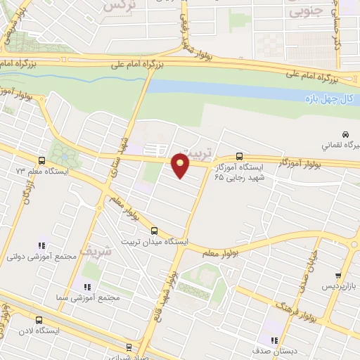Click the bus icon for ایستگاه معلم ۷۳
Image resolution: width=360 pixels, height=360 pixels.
click(x=41, y=161)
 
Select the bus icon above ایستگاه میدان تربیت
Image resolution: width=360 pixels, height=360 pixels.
click(x=155, y=230)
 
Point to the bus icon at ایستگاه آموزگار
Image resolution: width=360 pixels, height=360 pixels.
click(x=240, y=157)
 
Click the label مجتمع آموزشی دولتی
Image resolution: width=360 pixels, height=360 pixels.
click(x=41, y=257)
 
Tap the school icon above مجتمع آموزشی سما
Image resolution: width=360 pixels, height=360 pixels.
click(x=88, y=287)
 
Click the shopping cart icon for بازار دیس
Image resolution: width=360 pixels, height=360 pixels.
click(x=339, y=275)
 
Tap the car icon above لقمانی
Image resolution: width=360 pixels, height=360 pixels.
click(x=345, y=134)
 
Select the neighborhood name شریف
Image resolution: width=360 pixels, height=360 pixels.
click(x=90, y=250)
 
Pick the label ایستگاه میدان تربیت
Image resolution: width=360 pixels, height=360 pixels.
click(x=158, y=241)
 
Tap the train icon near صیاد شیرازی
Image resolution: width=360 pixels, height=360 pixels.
click(x=129, y=347)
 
